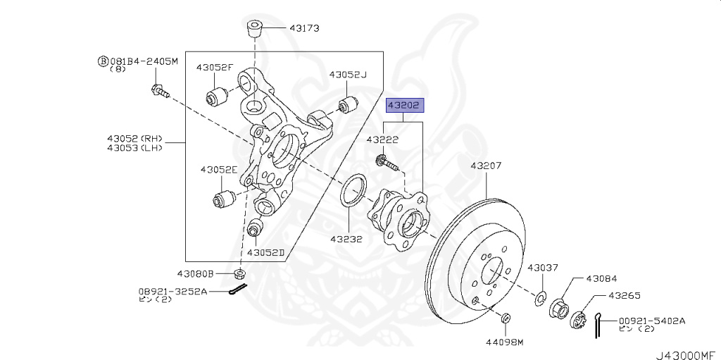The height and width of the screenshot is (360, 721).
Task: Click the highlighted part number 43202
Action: coord(403,106)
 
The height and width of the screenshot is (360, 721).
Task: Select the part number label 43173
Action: coord(303,29)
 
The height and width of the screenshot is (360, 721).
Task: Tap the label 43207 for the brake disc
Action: coord(486,166)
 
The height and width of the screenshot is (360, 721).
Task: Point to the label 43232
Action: coord(346,239)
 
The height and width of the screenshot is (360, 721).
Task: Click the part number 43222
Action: coord(382,140)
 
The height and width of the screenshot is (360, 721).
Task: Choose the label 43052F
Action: coord(214,67)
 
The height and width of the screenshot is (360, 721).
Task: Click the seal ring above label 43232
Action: coord(353,191)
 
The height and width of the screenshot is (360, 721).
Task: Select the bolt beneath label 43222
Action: coord(388,163)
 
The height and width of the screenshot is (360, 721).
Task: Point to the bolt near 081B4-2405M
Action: coord(159,90)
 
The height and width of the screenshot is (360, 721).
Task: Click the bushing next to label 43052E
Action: coord(226,197)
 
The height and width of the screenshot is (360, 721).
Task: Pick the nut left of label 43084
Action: coord(559,308)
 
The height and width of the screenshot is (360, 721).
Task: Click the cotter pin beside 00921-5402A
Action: coord(598,325)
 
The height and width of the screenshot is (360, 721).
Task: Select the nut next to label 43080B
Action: coord(240,273)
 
